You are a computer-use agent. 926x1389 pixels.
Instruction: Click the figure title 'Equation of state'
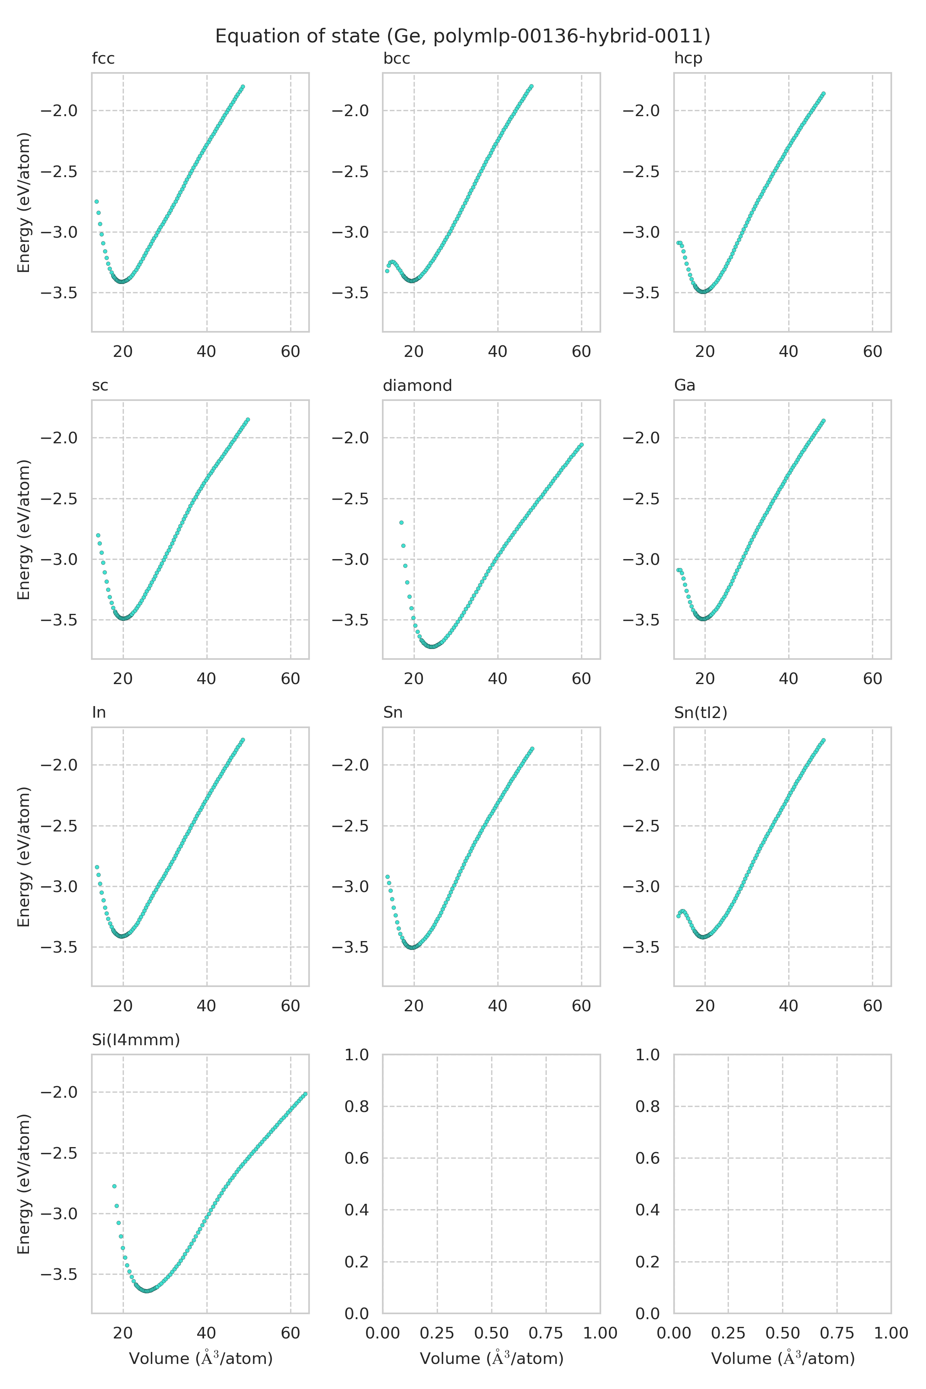click(462, 37)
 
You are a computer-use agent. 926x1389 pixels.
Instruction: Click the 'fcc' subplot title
click(103, 59)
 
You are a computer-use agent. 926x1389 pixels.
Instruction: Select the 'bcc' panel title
click(396, 59)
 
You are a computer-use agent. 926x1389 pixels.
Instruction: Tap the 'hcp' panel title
click(688, 59)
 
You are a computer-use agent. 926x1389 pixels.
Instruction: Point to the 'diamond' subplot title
click(417, 385)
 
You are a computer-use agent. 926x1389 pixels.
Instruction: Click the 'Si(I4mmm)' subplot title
click(136, 1040)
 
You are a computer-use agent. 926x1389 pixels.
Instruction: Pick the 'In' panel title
click(99, 713)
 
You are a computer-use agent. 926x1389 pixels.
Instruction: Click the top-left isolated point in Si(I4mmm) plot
click(114, 1186)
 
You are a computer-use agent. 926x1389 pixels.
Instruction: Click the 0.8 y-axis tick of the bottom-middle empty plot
click(357, 1106)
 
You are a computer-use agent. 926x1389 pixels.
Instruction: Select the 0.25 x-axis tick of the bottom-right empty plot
click(728, 1333)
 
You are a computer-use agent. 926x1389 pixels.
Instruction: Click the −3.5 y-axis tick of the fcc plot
click(59, 293)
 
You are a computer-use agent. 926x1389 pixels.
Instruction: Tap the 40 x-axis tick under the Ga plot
click(788, 679)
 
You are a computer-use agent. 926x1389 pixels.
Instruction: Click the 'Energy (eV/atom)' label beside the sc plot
click(24, 530)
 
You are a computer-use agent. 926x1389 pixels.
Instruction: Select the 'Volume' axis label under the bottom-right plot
click(782, 1359)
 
